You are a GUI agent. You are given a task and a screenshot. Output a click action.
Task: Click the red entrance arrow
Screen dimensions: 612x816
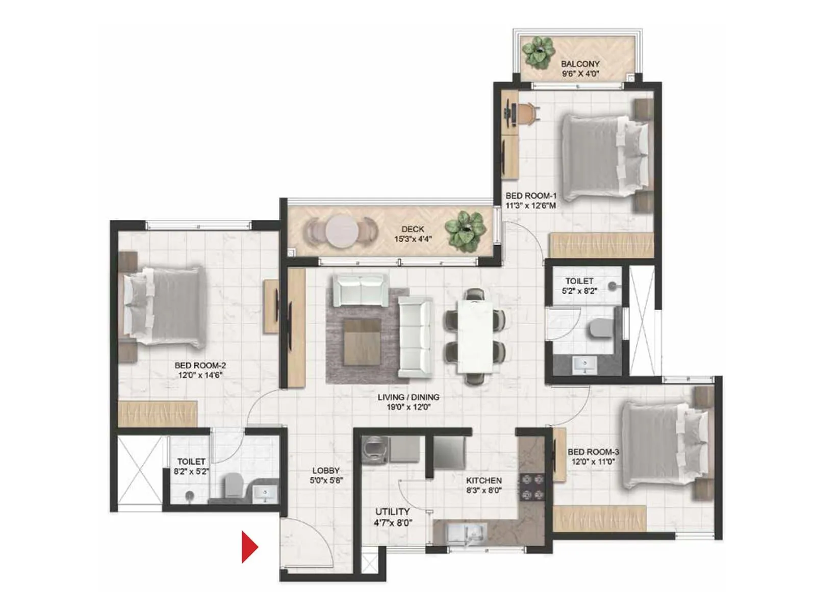tap(249, 547)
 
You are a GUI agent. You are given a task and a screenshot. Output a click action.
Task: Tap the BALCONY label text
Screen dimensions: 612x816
tap(580, 64)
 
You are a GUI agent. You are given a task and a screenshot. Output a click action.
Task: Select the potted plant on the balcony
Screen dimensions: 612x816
tap(538, 51)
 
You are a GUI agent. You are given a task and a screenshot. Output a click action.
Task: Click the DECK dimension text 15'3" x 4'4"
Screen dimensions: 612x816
tap(413, 239)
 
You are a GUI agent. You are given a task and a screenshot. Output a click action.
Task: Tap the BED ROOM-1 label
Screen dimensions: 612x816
tap(530, 196)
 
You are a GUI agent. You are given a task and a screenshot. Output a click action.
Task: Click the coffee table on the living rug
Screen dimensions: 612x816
tap(362, 342)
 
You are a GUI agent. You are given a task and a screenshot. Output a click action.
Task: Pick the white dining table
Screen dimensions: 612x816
tap(475, 337)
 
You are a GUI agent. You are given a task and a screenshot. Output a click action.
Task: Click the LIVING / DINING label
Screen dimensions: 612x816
tap(408, 397)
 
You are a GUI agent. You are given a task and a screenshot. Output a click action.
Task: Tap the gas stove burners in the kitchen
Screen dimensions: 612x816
tap(531, 487)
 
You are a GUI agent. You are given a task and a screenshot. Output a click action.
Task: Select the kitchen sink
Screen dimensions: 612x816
tap(467, 533)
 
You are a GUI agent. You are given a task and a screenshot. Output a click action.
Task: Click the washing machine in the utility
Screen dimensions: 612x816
tap(375, 449)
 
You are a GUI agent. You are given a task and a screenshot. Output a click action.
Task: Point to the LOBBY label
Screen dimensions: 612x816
tap(326, 471)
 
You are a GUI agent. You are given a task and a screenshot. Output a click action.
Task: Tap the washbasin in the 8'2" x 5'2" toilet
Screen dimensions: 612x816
tap(265, 493)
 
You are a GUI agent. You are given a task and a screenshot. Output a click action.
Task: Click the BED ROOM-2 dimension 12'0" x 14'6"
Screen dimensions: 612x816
tap(200, 375)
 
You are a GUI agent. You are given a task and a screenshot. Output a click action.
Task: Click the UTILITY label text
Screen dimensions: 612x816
tap(392, 512)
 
